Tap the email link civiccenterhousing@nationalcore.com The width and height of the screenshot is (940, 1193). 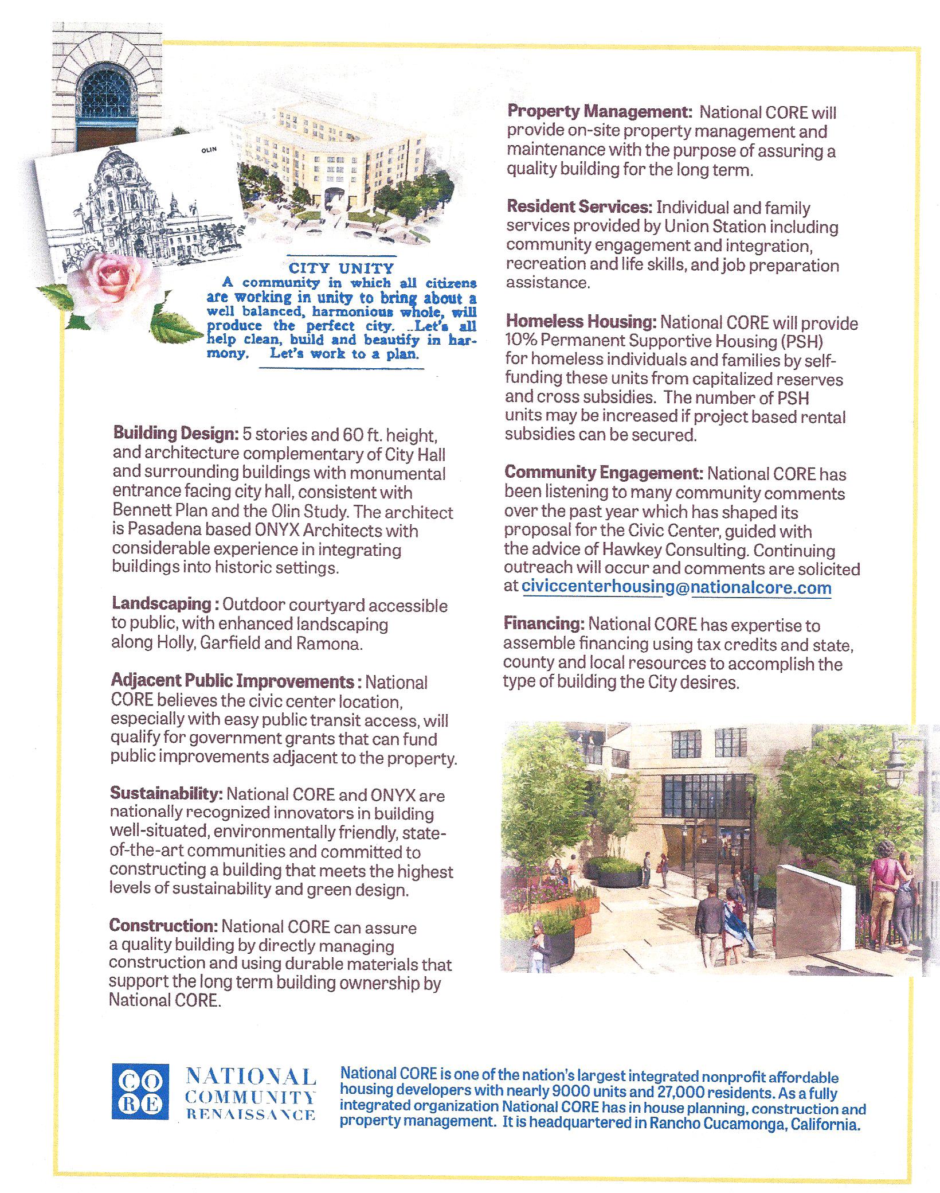pyautogui.click(x=676, y=587)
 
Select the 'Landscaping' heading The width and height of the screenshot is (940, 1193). pyautogui.click(x=162, y=604)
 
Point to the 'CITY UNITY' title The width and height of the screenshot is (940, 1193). pyautogui.click(x=341, y=268)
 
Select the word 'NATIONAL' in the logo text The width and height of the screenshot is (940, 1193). pyautogui.click(x=251, y=1076)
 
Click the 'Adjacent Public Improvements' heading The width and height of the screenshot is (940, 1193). pyautogui.click(x=232, y=681)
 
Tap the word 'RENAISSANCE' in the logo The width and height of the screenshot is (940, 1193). pyautogui.click(x=251, y=1115)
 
